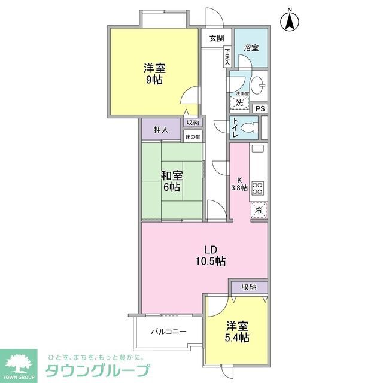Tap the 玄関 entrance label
217,38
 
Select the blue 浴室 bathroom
251,47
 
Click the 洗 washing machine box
239,102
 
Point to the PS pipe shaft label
259,108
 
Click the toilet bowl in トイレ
252,127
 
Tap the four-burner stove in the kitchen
258,188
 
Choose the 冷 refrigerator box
259,210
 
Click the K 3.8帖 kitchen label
239,183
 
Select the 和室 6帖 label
171,181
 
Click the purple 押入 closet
160,129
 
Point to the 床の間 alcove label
192,136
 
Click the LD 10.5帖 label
209,255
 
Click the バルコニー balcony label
168,331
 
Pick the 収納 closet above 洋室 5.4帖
249,287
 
